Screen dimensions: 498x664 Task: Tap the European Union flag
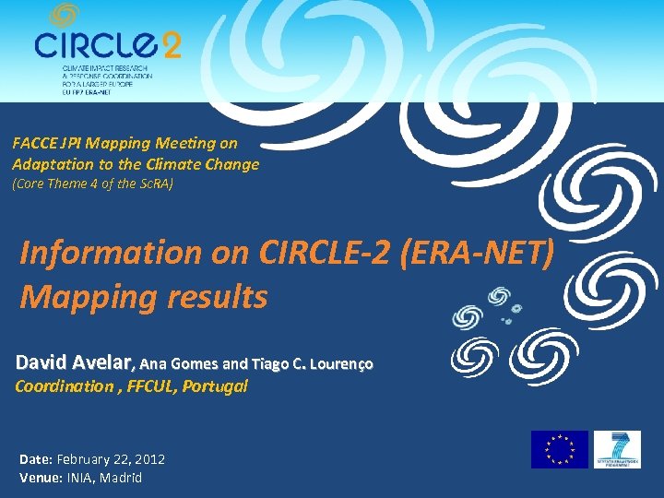tap(559, 449)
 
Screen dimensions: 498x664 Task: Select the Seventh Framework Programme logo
tap(617, 449)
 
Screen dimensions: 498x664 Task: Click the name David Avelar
tap(76, 362)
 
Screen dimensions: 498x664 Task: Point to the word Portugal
tap(215, 386)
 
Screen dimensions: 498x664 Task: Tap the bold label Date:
tap(36, 458)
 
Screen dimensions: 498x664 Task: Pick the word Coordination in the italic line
tap(58, 386)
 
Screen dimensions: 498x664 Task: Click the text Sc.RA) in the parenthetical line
tap(153, 184)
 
